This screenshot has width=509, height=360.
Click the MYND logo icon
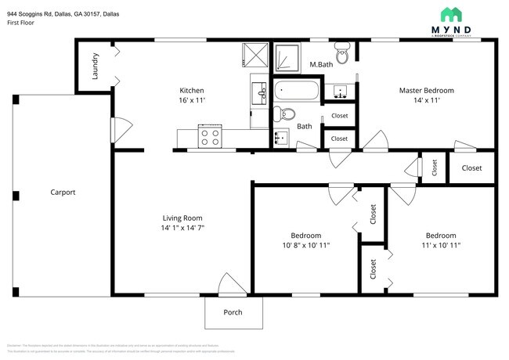[x=452, y=14]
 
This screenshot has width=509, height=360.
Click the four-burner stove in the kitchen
[x=210, y=138]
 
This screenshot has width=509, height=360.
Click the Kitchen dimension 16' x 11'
[x=192, y=101]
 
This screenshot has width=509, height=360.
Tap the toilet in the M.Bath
[x=341, y=55]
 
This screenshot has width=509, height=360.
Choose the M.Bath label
[x=321, y=65]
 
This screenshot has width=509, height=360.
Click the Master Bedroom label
[x=426, y=90]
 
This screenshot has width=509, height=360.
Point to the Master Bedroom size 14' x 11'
[x=426, y=101]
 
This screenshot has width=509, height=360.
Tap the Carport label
[x=63, y=192]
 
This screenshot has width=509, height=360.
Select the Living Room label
[x=182, y=218]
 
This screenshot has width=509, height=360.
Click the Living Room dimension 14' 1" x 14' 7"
[x=182, y=228]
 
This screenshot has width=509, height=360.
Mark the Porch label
[x=232, y=312]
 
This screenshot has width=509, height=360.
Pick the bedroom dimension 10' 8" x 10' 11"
[x=305, y=245]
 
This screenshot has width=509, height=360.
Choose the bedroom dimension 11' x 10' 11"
[x=441, y=245]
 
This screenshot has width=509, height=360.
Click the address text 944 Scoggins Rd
[x=35, y=13]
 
